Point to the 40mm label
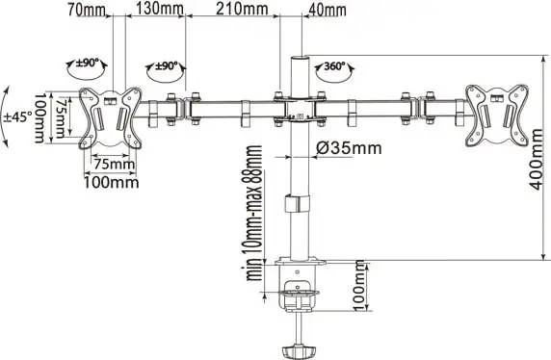click(328, 10)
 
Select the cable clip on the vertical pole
click(300, 205)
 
